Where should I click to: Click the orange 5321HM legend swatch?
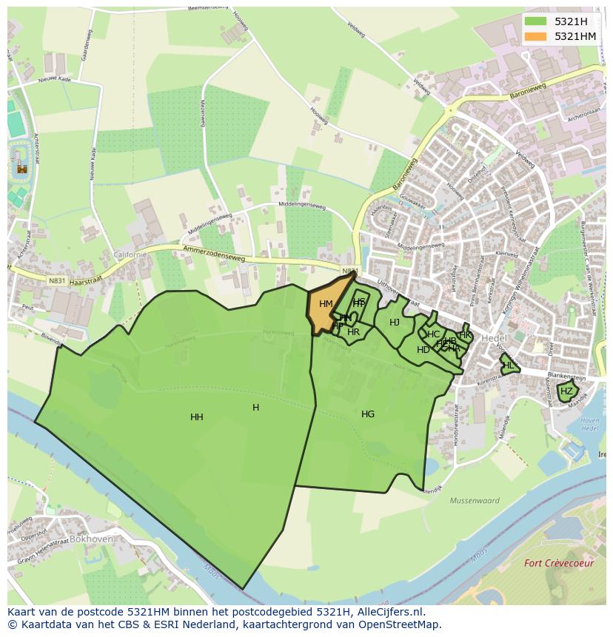[536, 36]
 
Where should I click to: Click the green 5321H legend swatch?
[536, 21]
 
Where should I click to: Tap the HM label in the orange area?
[326, 304]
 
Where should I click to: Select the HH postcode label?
[196, 417]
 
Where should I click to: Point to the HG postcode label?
[368, 414]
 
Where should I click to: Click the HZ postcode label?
[566, 391]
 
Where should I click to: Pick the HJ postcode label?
[395, 322]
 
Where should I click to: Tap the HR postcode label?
[353, 332]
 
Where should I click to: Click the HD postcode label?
[423, 350]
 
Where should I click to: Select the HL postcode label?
[508, 365]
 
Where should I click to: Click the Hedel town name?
[494, 338]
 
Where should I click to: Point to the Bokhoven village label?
[91, 539]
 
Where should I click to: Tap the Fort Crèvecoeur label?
[559, 563]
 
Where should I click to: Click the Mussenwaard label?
[475, 501]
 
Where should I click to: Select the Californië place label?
[130, 254]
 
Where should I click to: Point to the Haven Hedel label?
[590, 425]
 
